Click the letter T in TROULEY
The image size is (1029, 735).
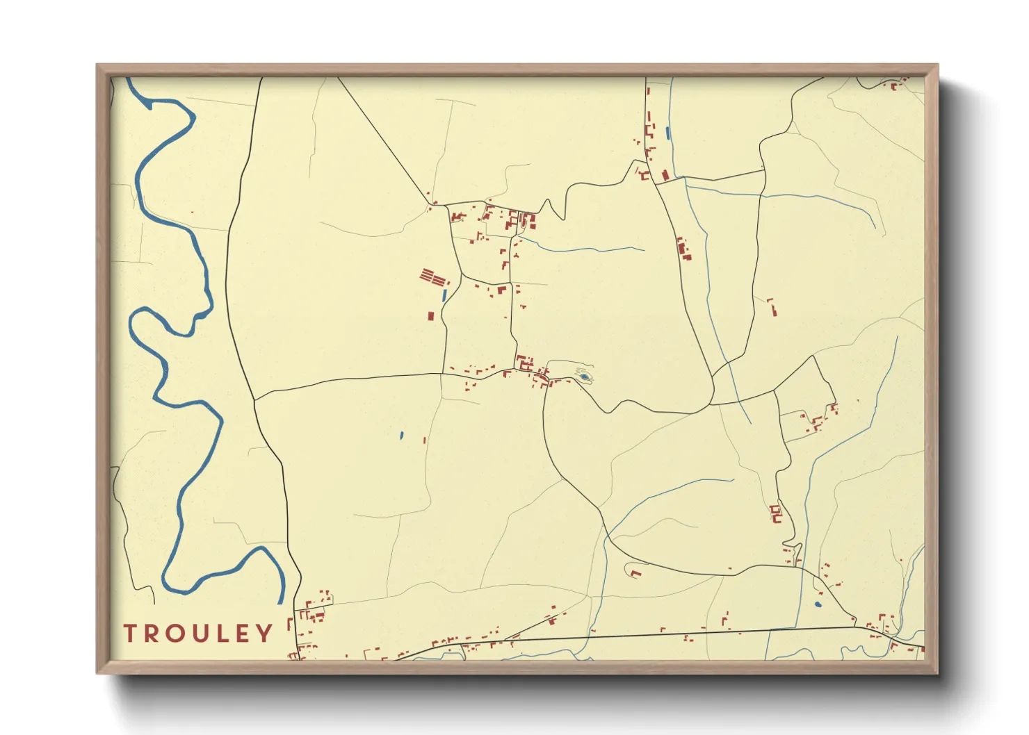tap(130, 633)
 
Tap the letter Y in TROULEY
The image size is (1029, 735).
tap(264, 633)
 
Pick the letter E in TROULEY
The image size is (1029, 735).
tap(242, 633)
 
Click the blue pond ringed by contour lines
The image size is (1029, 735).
tap(585, 377)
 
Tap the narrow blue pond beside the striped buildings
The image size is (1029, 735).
tap(444, 295)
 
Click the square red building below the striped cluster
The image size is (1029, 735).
tap(430, 316)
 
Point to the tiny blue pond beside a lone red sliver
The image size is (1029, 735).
tap(402, 436)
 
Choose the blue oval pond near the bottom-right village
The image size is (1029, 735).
tap(818, 604)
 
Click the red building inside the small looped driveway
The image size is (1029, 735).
tap(634, 573)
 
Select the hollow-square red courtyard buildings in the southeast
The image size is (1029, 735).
tap(776, 514)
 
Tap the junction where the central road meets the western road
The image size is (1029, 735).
tap(255, 399)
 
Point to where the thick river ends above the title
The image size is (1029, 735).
tap(281, 603)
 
